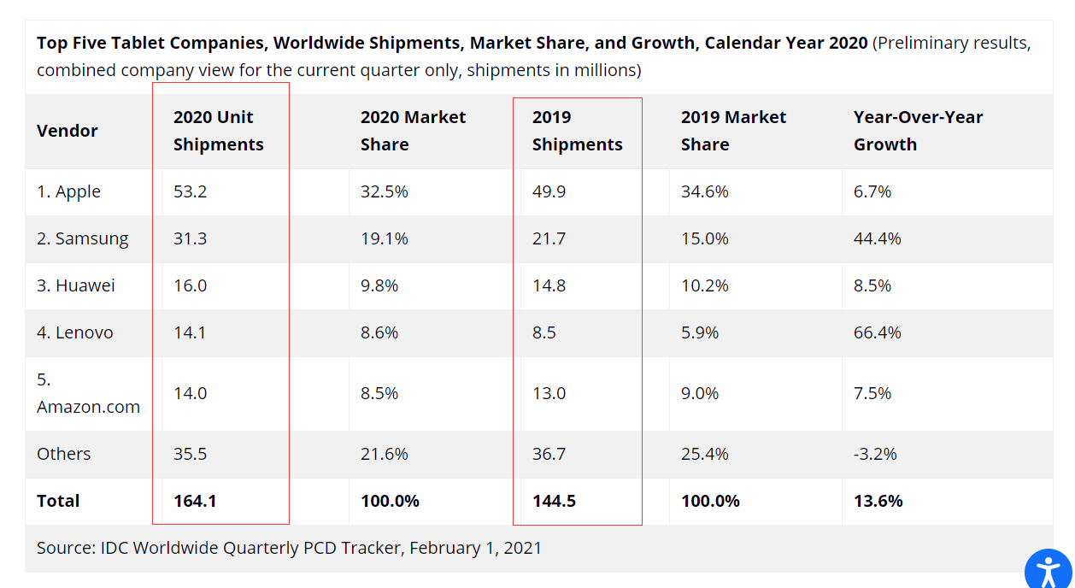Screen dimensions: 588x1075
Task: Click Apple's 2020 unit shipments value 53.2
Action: click(x=190, y=192)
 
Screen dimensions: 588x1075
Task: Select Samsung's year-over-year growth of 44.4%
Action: click(x=877, y=239)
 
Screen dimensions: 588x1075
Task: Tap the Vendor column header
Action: click(x=68, y=131)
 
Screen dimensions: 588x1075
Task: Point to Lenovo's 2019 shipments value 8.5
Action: click(x=544, y=333)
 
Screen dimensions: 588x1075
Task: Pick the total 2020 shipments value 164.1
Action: click(x=195, y=502)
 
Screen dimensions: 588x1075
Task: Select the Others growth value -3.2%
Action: click(x=875, y=455)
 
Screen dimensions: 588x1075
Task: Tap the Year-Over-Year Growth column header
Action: click(x=918, y=131)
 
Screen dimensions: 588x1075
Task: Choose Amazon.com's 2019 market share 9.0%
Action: click(x=700, y=394)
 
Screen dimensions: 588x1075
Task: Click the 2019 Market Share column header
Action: click(x=733, y=131)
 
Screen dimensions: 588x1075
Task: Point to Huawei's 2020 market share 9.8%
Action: click(x=379, y=286)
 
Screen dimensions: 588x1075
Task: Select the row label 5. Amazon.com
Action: click(x=88, y=393)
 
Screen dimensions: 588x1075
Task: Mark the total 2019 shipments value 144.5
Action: click(x=554, y=502)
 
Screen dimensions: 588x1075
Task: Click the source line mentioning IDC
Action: click(x=289, y=548)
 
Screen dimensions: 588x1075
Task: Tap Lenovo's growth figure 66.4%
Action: click(x=877, y=333)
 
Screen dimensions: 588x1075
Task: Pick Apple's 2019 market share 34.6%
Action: click(x=704, y=192)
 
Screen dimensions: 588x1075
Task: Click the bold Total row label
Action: click(x=58, y=502)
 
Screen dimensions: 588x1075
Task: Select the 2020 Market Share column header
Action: click(x=413, y=131)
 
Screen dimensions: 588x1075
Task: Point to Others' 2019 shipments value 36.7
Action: click(x=549, y=455)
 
